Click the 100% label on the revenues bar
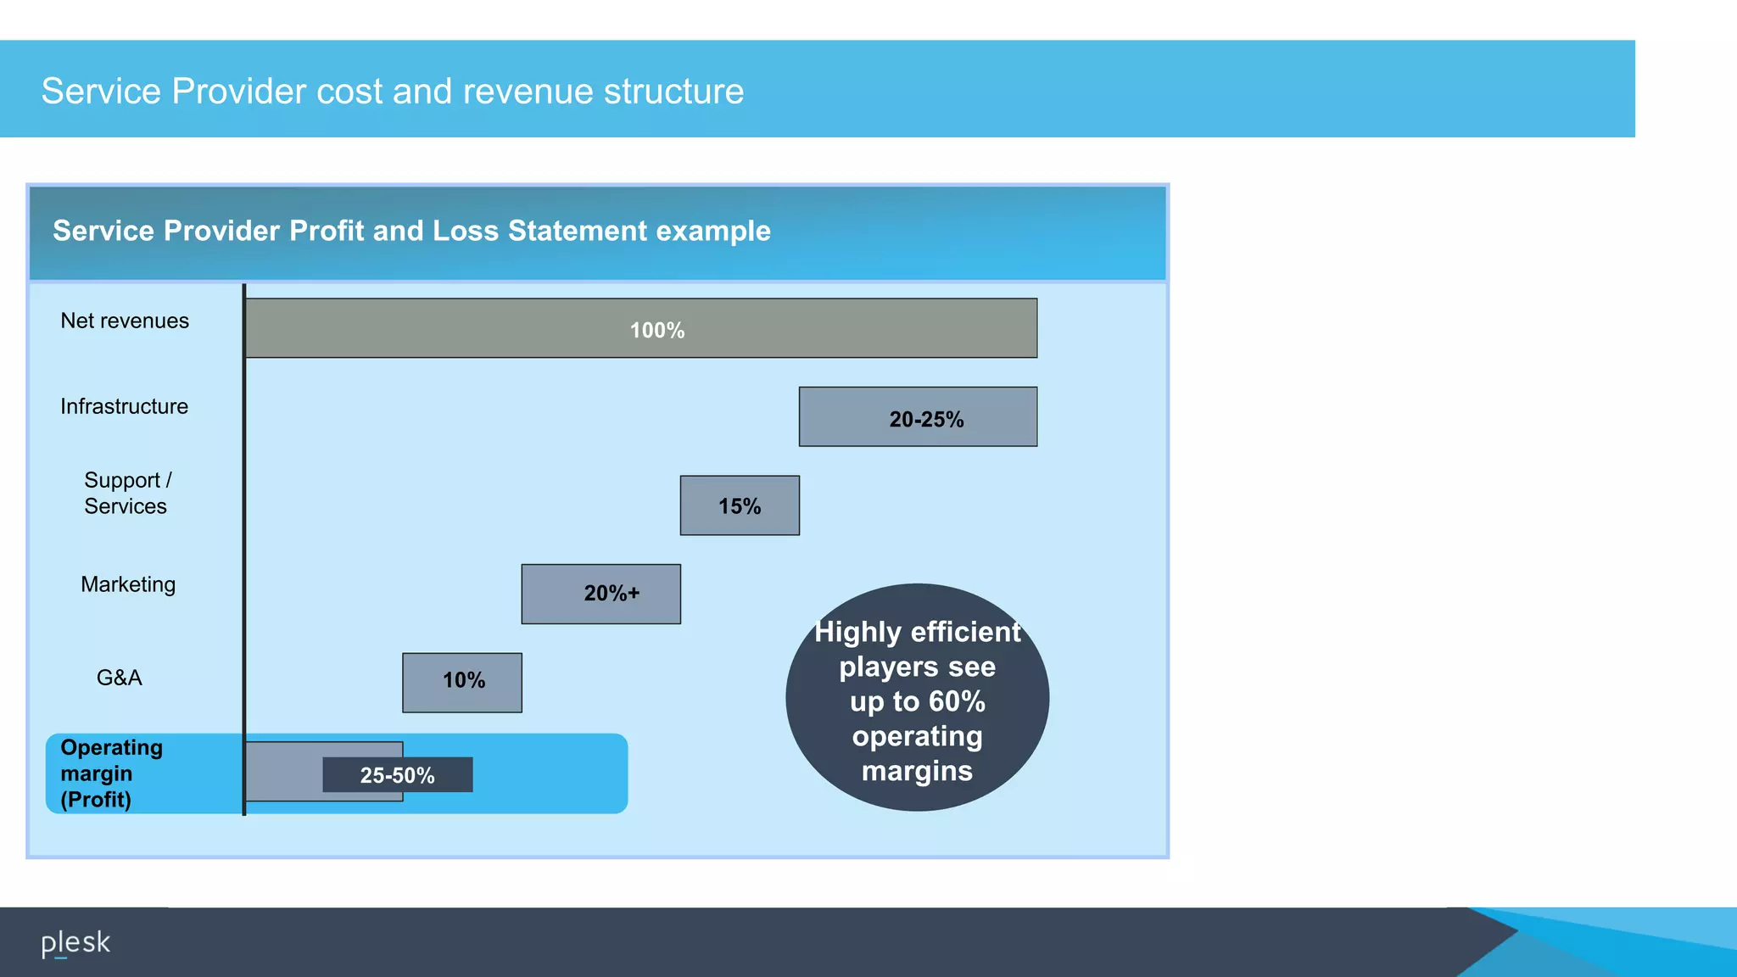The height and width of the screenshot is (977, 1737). [x=656, y=330]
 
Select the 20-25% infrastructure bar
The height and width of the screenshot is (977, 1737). [x=917, y=417]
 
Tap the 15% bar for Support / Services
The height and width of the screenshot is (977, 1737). [x=739, y=505]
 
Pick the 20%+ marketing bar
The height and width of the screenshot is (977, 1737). [x=600, y=594]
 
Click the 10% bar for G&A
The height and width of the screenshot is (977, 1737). [x=461, y=682]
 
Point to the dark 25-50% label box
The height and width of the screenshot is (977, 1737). [x=397, y=775]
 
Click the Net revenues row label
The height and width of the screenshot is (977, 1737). [x=125, y=321]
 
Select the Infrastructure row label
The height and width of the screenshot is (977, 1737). [x=124, y=406]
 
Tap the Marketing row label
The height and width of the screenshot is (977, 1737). [x=128, y=584]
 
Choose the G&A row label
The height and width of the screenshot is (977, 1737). [x=119, y=678]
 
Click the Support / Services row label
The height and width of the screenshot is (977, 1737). [x=126, y=493]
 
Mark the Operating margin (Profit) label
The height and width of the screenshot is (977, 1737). [x=110, y=773]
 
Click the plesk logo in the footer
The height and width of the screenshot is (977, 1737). [x=75, y=943]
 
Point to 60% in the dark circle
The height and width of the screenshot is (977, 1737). [x=956, y=701]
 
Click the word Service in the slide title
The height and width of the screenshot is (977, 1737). [x=101, y=91]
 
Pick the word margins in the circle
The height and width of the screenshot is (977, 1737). [x=917, y=771]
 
